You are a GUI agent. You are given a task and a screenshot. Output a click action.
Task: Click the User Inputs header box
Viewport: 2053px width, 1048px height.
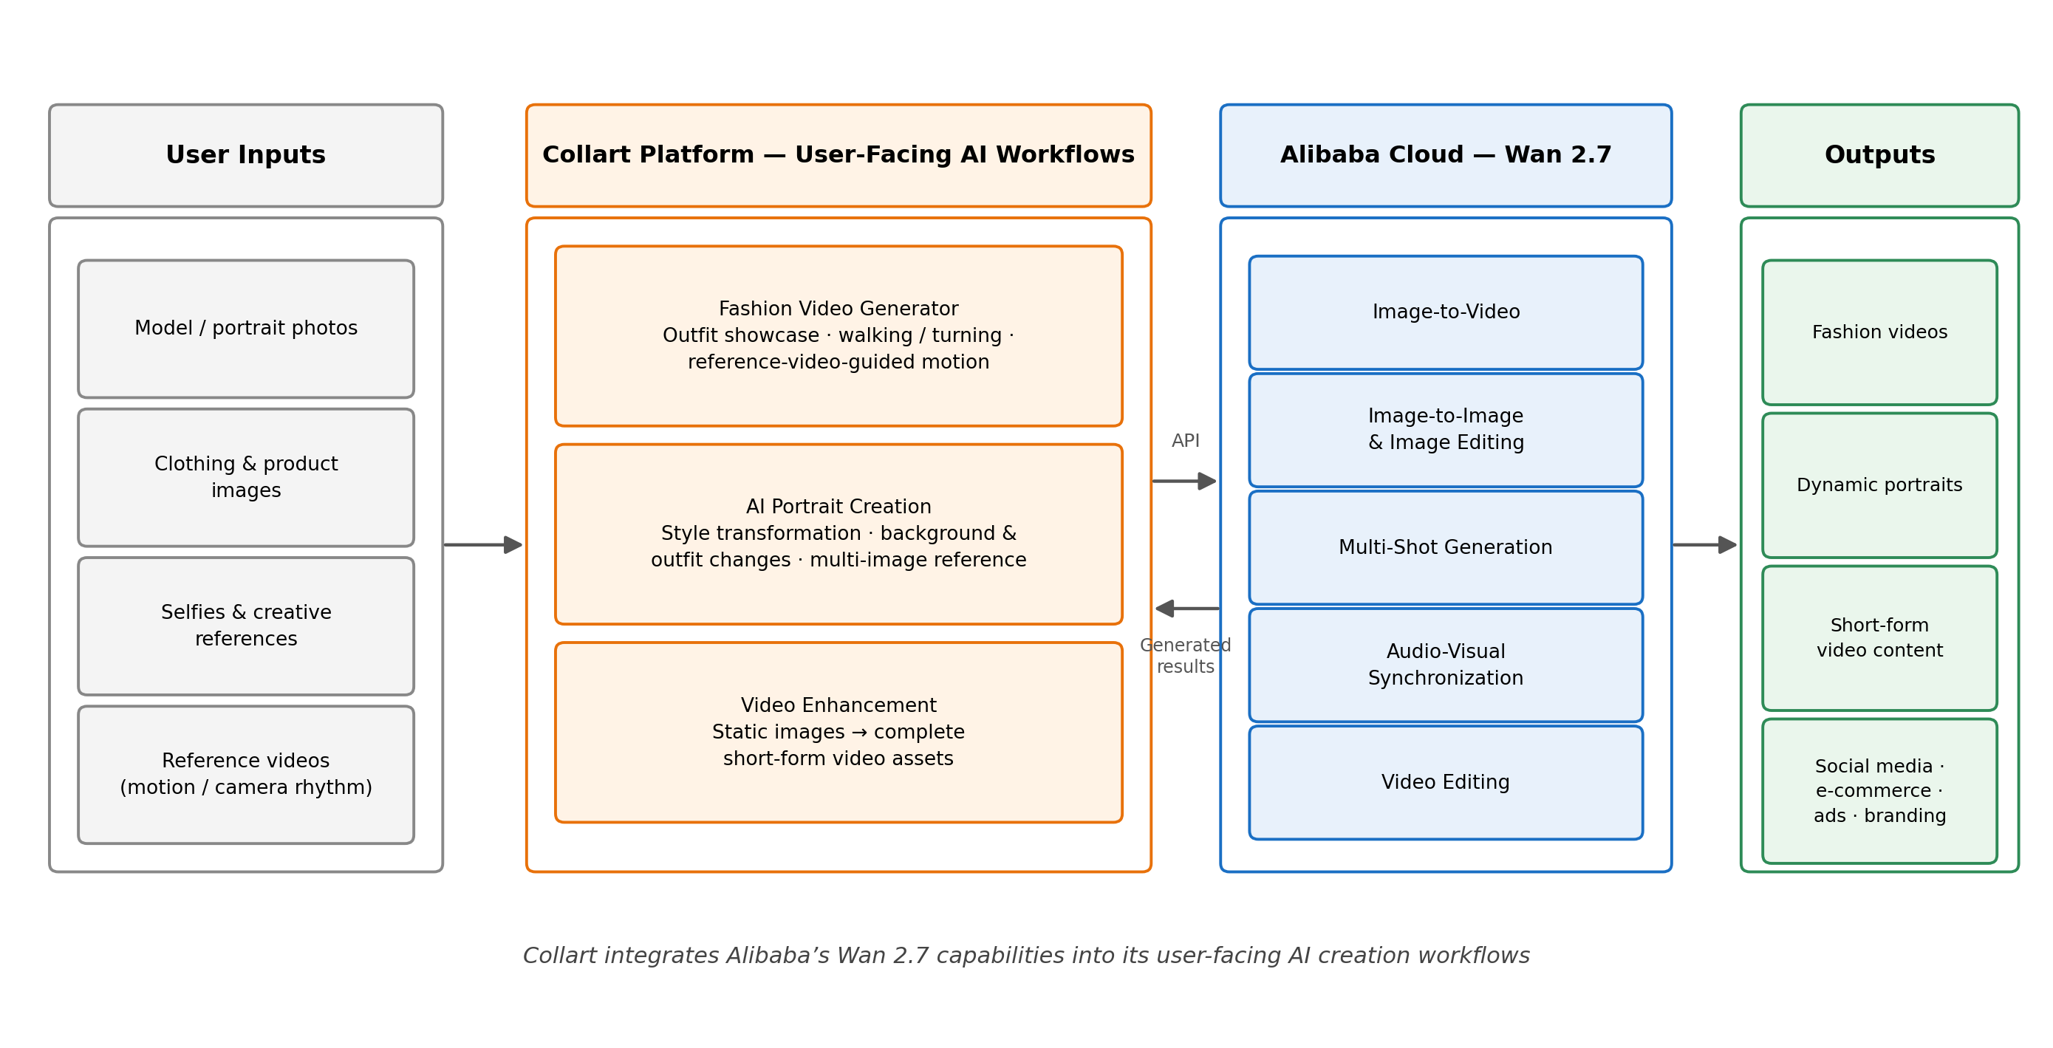(x=245, y=155)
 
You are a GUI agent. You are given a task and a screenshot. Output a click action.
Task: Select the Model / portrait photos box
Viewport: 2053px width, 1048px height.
(x=245, y=329)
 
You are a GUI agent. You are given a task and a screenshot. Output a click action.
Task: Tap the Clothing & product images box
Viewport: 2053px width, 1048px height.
(x=245, y=477)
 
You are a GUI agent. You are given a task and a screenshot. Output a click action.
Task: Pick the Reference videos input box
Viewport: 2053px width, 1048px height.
(x=245, y=774)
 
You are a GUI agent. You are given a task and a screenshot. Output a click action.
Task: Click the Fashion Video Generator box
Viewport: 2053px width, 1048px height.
(x=838, y=335)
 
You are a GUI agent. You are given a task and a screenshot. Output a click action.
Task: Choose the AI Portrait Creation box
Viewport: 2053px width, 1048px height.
(x=838, y=534)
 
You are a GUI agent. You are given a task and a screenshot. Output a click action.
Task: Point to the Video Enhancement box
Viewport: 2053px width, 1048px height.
(x=838, y=732)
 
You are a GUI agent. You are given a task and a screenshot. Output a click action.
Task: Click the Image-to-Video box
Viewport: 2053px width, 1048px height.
(x=1446, y=312)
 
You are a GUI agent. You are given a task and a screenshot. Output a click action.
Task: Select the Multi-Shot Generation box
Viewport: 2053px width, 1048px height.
(x=1446, y=547)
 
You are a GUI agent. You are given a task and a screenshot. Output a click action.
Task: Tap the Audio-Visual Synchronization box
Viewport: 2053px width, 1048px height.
(x=1446, y=665)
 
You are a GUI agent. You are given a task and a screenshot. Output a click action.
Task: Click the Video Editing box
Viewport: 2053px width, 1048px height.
(x=1446, y=782)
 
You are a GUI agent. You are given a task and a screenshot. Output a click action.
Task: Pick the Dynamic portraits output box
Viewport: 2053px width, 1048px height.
(x=1879, y=485)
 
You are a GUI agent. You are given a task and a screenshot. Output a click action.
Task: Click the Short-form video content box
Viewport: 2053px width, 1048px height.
(x=1879, y=637)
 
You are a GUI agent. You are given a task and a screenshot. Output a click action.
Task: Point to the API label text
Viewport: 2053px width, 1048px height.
(x=1185, y=441)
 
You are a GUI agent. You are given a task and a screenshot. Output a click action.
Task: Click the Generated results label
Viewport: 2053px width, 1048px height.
(x=1185, y=655)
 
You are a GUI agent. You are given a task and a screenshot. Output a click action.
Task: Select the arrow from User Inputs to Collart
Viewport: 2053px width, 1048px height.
(x=483, y=545)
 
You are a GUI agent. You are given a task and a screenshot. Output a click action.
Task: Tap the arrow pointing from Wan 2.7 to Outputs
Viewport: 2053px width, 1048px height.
(x=1705, y=545)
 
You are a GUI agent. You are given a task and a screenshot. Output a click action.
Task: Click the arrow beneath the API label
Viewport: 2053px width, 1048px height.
(x=1184, y=482)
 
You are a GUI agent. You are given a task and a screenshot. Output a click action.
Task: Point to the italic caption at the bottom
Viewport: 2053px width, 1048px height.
(x=1025, y=955)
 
